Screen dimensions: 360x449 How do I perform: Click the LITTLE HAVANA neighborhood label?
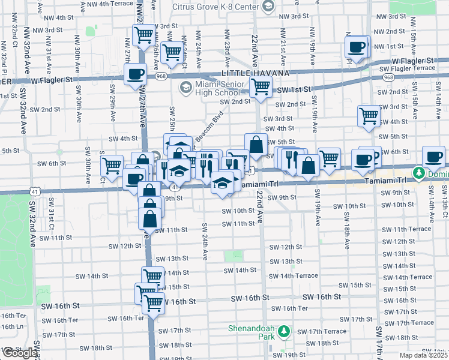point(255,73)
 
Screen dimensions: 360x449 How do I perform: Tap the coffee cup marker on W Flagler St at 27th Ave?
point(135,74)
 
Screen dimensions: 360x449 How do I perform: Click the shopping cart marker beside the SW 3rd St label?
point(369,115)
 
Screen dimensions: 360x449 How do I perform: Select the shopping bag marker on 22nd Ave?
point(256,145)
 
